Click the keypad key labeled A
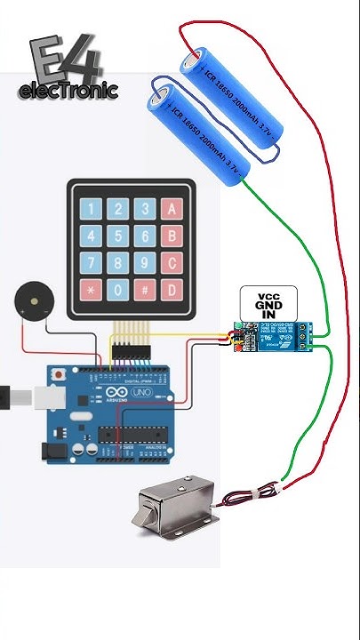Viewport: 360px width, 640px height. pos(172,210)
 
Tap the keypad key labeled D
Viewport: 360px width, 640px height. pos(172,290)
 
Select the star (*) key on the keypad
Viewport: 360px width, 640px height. pos(90,290)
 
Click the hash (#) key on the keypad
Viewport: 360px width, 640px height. pos(145,290)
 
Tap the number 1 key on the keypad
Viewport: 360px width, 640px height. pos(90,210)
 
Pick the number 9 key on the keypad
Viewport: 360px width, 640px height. pos(145,263)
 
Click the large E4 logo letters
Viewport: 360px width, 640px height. pos(68,60)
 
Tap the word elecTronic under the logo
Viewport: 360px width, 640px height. pos(68,91)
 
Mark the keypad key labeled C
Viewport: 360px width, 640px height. pos(172,263)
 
